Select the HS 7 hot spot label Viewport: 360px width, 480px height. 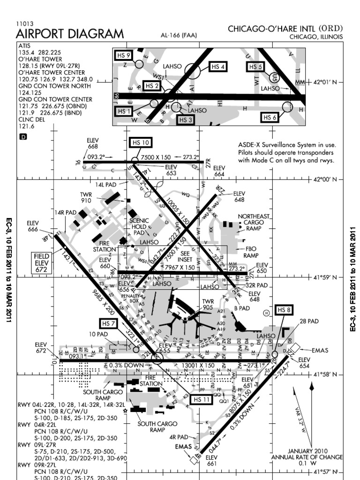pos(108,323)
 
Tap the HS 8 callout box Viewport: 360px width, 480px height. pos(284,309)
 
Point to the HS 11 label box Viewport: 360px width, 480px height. pos(202,399)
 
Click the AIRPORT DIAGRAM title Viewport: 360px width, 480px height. pos(70,34)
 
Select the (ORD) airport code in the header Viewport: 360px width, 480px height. pos(331,29)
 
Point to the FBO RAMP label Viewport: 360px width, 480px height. pos(251,252)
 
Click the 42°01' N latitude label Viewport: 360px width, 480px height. pos(325,82)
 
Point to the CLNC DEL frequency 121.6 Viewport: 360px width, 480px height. pos(26,126)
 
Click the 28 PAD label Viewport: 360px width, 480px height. pos(309,321)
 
